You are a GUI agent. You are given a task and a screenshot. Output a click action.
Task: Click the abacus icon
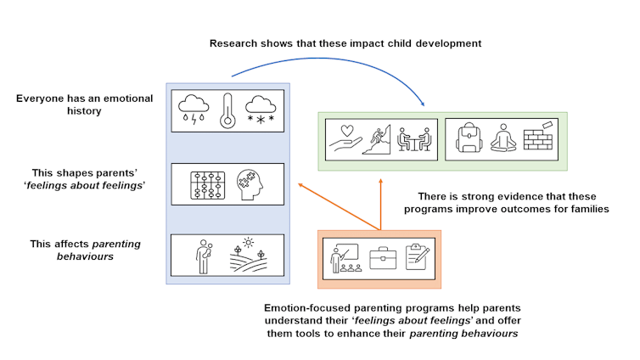[x=204, y=182]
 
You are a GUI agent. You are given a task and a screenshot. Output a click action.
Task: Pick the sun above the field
[x=248, y=243]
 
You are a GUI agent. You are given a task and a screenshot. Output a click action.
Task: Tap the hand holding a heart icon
[x=346, y=139]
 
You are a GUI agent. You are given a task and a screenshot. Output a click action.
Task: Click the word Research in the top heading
[x=236, y=42]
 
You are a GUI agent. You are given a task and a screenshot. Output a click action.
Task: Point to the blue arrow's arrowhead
[x=424, y=105]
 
